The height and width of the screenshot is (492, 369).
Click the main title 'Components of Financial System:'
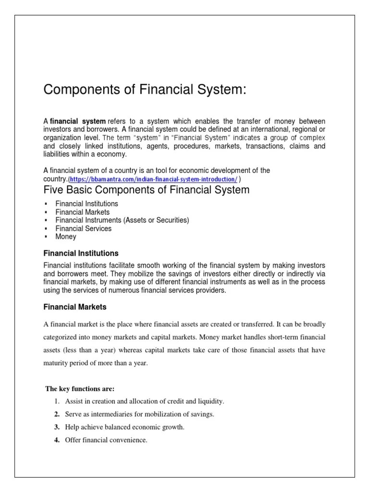click(x=145, y=90)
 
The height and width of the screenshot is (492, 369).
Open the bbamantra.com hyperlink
click(x=153, y=179)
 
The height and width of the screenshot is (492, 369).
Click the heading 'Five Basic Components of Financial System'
click(x=147, y=190)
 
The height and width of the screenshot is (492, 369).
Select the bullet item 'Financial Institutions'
click(x=86, y=204)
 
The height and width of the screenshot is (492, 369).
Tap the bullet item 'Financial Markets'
click(x=82, y=212)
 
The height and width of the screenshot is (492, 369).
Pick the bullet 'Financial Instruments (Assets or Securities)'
click(x=122, y=220)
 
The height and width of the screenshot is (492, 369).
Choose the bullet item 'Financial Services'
click(x=83, y=229)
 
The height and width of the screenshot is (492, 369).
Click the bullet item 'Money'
click(x=65, y=237)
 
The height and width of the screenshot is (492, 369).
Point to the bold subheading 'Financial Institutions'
click(x=81, y=253)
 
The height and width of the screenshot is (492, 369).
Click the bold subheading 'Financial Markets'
click(x=75, y=306)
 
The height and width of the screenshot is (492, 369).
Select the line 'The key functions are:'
click(x=79, y=388)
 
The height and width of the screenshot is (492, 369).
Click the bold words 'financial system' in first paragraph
click(x=77, y=121)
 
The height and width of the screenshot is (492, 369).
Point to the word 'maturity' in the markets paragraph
click(x=54, y=363)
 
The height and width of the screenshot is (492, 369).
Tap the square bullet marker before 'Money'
click(x=45, y=237)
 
